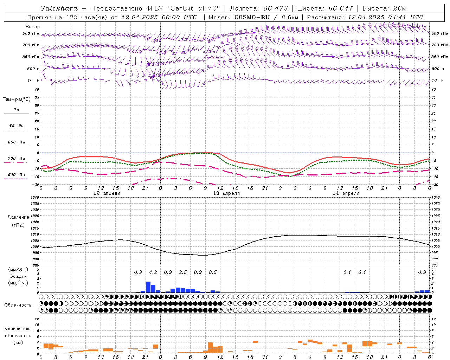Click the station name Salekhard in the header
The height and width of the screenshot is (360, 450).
point(59,8)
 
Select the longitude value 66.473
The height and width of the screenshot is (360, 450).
point(276,8)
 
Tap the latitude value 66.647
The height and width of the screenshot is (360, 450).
point(341,8)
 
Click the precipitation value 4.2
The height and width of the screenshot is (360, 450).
point(153,272)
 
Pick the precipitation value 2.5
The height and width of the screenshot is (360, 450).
point(183,272)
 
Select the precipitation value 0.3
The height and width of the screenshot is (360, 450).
point(138,272)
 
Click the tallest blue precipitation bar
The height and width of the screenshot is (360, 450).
point(148,287)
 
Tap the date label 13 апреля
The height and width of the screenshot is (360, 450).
point(226,193)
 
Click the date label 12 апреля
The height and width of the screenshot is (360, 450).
point(107,193)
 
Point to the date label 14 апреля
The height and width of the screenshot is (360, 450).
point(346,193)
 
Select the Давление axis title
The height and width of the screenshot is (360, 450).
point(18,217)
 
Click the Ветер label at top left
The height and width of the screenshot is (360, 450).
point(33,27)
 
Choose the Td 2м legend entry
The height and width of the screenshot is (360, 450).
point(16,126)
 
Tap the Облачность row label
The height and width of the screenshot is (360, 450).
point(18,305)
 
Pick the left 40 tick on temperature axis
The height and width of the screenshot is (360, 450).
point(37,89)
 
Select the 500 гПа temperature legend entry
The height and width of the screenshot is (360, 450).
point(16,175)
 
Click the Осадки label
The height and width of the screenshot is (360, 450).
point(18,276)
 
